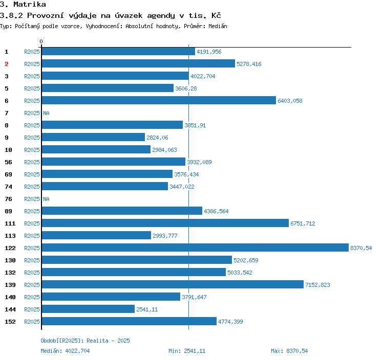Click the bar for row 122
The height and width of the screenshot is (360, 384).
coord(195,248)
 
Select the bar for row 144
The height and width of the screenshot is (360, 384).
coord(88,309)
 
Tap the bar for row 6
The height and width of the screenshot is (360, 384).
coord(159,101)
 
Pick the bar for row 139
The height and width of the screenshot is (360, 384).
coord(173,285)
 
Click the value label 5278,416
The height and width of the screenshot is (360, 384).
coord(249,64)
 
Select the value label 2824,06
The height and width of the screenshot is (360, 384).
coord(157,138)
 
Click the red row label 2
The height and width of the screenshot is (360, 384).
coord(7,64)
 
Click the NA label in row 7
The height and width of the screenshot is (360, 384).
coord(46,113)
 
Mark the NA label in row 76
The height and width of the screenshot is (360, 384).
coord(46,199)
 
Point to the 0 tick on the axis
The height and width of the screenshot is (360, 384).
coord(41,41)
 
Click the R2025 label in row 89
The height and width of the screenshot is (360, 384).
coord(32,211)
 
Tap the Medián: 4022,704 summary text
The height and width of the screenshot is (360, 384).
coord(65,351)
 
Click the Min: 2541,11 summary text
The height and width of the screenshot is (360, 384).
coord(187,351)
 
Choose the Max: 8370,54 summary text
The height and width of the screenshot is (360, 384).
coord(289,351)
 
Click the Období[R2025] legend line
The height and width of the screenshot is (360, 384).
coord(81,341)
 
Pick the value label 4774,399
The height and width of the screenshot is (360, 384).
coord(230,322)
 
